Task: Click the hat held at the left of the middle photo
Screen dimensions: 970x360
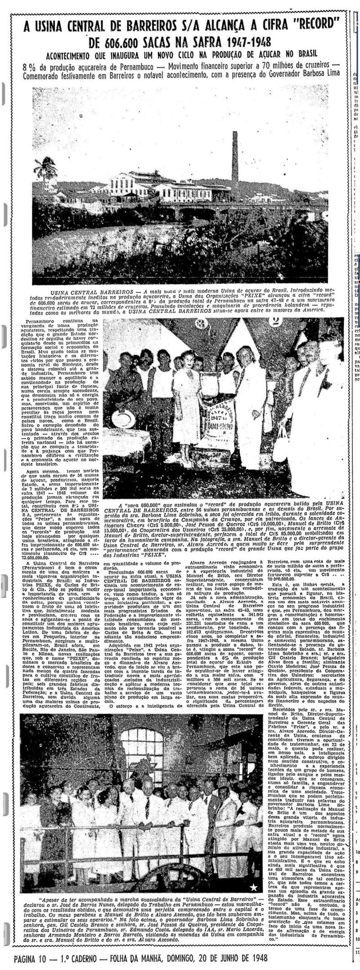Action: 121,419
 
